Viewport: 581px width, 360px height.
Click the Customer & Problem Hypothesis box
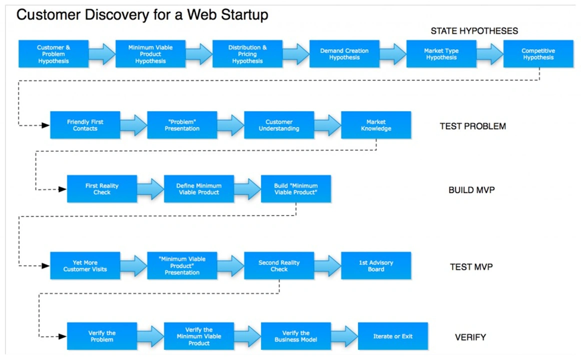(53, 54)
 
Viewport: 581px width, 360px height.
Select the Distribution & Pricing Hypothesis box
(247, 54)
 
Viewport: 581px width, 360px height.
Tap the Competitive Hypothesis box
(538, 54)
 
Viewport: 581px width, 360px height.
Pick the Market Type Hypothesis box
(441, 54)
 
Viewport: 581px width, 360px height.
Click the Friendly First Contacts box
(85, 125)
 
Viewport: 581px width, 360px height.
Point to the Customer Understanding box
(279, 125)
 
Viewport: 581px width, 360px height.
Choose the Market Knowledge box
(376, 125)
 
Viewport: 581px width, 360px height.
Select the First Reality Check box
(102, 189)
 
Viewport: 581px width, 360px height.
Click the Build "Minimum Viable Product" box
(296, 189)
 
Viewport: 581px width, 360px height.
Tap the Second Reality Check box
(279, 265)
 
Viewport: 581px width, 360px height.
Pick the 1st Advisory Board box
(376, 265)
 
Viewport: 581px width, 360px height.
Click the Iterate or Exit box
(393, 336)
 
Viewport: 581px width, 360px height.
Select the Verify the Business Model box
(296, 336)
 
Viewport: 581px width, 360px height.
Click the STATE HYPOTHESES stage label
(474, 31)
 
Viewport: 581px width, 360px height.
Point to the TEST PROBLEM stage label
(472, 126)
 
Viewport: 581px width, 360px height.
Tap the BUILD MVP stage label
(471, 190)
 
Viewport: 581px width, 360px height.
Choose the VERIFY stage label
(470, 337)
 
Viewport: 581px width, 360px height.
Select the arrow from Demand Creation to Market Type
(392, 54)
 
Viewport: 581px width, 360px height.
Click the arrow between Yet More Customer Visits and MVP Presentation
(133, 265)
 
